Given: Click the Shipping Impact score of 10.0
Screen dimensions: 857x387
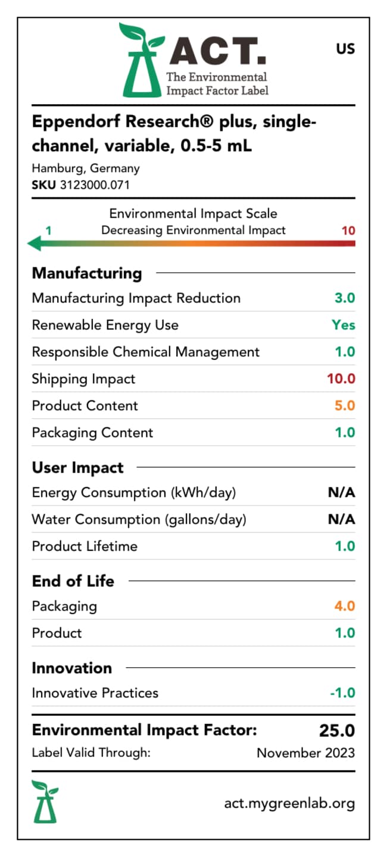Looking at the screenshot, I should coord(341,379).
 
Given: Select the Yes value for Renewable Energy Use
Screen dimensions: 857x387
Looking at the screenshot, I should coord(344,325).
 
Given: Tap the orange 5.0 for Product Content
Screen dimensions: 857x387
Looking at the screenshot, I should coord(345,406).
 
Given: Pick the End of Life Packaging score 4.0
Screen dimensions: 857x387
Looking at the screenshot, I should coord(345,606).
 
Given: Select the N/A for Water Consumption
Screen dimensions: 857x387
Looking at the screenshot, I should coord(341,520).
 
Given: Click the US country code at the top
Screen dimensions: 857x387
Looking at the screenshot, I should coord(345,49).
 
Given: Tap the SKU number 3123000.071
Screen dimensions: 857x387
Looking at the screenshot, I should coord(95,185).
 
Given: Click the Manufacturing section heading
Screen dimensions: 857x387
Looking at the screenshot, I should coord(87,273).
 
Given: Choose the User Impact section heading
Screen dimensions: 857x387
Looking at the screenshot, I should coord(78,468).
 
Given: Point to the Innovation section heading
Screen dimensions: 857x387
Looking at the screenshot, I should coord(72,668).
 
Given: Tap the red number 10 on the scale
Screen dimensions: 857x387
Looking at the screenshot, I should coord(348,230).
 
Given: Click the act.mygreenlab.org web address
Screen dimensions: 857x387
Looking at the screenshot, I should coord(289,803).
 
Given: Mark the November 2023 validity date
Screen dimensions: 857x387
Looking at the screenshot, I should coord(305,753).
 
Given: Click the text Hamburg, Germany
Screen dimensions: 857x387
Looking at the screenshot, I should coord(86,168).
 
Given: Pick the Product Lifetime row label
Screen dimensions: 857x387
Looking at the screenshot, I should coord(85,546).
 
